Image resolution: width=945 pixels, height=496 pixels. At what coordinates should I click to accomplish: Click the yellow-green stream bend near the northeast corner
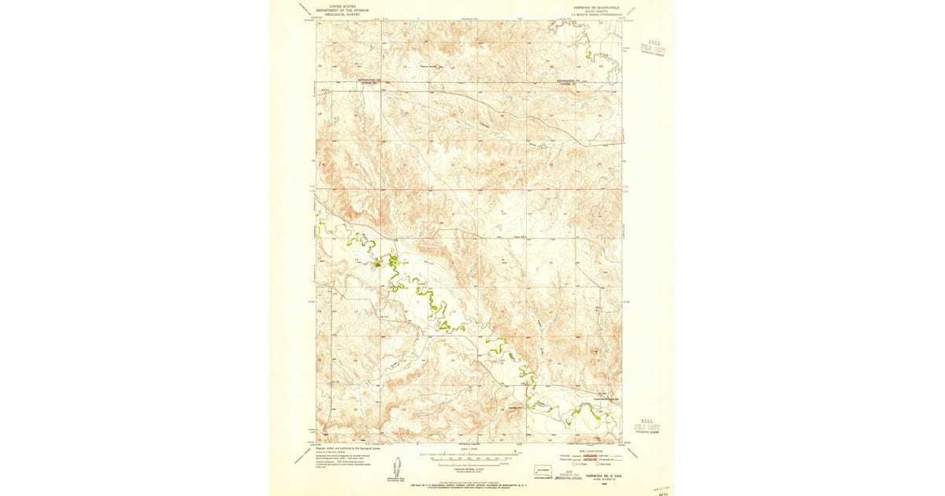click(588, 55)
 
